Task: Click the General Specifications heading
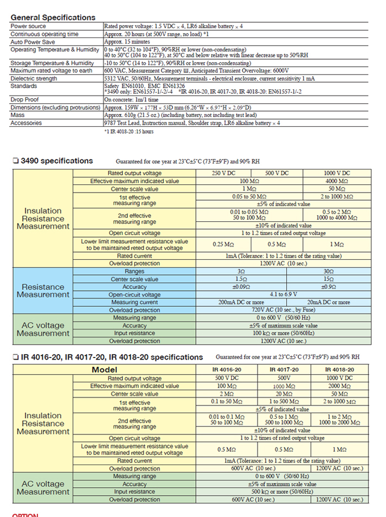point(53,17)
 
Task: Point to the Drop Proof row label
point(24,99)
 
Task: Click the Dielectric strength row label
point(34,78)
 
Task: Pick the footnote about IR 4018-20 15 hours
point(130,131)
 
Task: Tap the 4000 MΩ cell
point(336,181)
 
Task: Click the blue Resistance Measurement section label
point(43,291)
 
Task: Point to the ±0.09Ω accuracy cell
point(242,287)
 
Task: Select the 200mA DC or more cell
point(242,302)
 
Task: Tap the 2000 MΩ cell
point(336,386)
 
